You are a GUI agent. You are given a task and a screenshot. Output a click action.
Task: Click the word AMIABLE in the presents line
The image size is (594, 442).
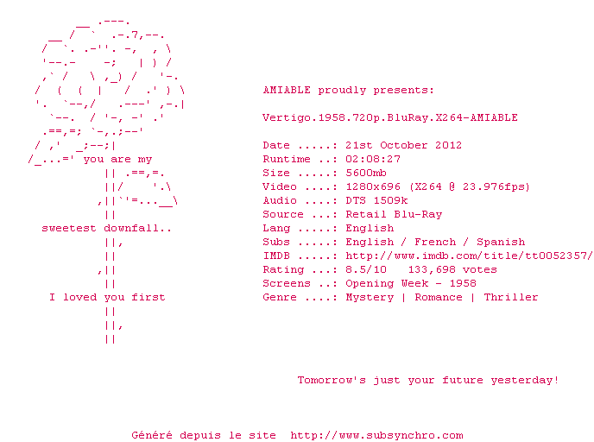click(x=287, y=90)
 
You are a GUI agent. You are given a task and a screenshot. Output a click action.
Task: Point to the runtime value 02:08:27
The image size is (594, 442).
click(x=373, y=159)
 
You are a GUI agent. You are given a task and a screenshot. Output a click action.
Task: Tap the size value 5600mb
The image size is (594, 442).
click(x=366, y=173)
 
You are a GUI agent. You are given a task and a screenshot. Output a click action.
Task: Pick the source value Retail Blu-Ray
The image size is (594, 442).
click(x=394, y=214)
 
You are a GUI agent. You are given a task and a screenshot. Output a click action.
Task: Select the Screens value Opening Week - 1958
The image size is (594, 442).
click(x=411, y=283)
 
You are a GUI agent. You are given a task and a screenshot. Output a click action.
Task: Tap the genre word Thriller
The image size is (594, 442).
click(x=511, y=297)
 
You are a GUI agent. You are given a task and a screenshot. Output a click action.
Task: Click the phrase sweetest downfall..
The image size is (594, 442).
click(x=107, y=228)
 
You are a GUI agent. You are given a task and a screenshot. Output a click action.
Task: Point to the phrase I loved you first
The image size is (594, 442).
click(x=107, y=297)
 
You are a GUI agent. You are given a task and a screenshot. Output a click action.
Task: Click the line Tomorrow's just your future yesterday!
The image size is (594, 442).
click(x=428, y=380)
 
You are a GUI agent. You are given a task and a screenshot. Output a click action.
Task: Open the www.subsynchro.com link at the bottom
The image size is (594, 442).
click(x=376, y=435)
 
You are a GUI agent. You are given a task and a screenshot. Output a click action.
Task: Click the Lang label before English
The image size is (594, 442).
click(x=276, y=228)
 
